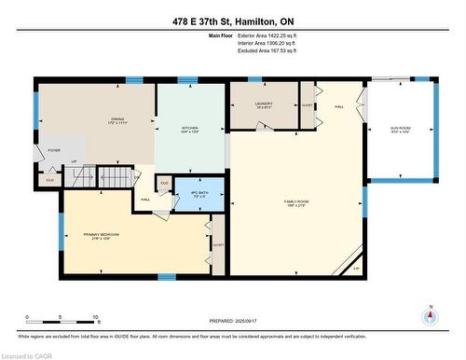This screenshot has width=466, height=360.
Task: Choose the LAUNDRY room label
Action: [263, 106]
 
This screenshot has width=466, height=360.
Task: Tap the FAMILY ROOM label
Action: [297, 203]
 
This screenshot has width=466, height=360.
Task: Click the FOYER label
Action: [54, 149]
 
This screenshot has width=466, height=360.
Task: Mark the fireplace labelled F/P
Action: [356, 267]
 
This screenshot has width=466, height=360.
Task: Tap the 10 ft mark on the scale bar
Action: [95, 317]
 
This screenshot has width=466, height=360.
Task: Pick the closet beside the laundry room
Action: [308, 106]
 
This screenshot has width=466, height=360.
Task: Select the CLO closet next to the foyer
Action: [50, 179]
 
